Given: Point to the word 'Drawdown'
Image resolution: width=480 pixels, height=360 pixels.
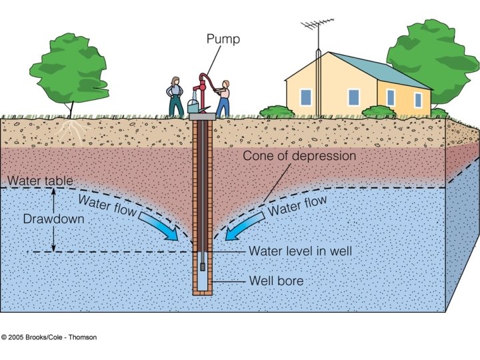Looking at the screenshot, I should pos(45,219).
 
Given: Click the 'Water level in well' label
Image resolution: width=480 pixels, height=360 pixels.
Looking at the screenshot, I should pos(300,251).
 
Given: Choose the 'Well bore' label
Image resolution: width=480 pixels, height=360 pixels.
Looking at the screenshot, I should pos(276,281).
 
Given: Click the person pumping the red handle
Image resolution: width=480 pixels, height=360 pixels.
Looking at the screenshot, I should pos(223,97).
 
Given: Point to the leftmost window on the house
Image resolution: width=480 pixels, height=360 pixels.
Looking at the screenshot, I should pos(305,97).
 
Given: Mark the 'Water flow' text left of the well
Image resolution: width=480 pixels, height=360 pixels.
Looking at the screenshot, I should pos(107,205).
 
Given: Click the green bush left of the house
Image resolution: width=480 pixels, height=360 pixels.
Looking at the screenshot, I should pos(276,111).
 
